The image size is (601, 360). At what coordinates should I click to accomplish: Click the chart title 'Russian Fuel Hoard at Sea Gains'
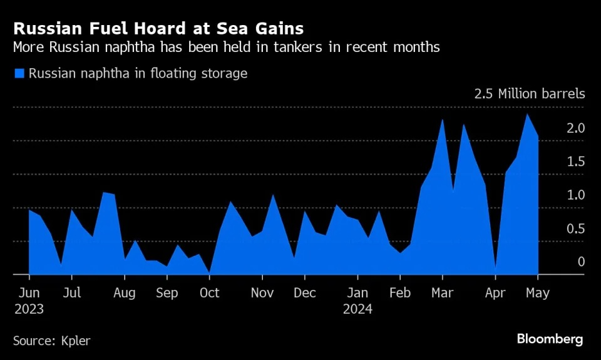coord(158,28)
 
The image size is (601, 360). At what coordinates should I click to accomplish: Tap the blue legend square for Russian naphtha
coord(19,74)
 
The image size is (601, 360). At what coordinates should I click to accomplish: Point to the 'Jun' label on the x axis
coord(29,293)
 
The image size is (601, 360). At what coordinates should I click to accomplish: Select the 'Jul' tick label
coord(72,293)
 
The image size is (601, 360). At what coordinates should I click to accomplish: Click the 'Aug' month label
coord(125,293)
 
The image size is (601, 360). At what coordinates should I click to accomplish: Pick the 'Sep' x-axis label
coord(167,293)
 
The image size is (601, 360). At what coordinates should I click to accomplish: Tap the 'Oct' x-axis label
coord(209,293)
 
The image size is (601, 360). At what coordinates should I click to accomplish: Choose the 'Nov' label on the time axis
coord(262,293)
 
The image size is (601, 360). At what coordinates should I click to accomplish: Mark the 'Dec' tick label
coord(305,293)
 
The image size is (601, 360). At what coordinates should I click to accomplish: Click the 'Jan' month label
coord(357,293)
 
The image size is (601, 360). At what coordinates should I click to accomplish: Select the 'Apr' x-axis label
coord(495,293)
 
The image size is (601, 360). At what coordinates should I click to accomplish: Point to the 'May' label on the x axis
coord(538,293)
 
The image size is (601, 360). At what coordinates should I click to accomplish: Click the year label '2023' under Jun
coord(29,309)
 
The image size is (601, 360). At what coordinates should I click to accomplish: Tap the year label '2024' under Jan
coord(357,309)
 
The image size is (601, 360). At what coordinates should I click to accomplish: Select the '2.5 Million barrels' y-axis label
coord(530,95)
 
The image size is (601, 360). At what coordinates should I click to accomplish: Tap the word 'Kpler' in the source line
coord(75,341)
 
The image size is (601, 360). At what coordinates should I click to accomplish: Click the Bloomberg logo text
coord(550,339)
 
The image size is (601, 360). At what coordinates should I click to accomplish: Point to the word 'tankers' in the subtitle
coord(289,48)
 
